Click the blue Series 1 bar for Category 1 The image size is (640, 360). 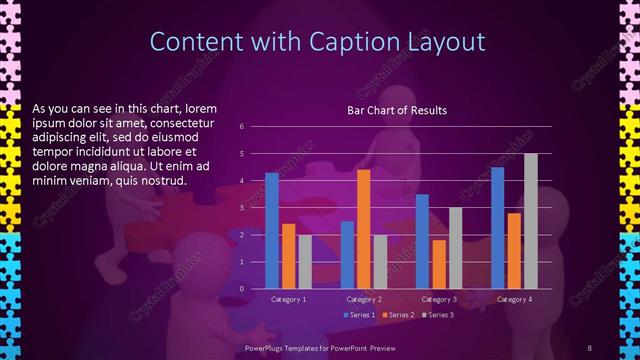[272, 231]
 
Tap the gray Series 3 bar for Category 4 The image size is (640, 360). [530, 221]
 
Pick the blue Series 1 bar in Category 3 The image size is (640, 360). [422, 241]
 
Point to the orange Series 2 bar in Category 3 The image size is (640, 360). [438, 264]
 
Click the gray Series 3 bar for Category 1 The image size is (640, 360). [304, 262]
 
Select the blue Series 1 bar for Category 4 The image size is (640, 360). [497, 228]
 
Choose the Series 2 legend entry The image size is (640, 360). [397, 315]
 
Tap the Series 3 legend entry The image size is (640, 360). [437, 315]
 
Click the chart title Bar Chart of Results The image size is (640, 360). [397, 110]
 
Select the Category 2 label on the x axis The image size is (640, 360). [363, 299]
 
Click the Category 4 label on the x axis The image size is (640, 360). [513, 299]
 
